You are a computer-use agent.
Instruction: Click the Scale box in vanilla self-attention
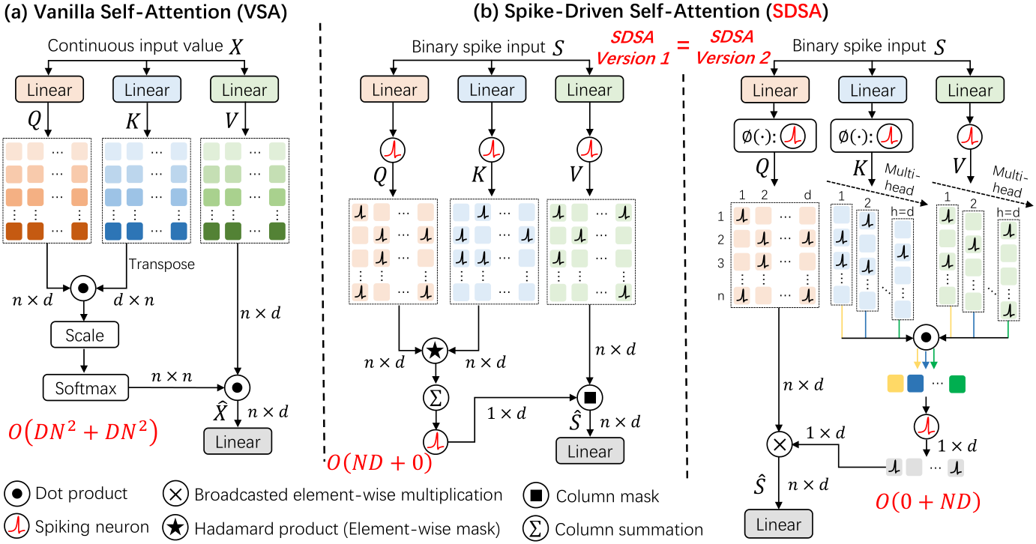pyautogui.click(x=85, y=335)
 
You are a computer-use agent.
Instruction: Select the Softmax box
pyautogui.click(x=85, y=387)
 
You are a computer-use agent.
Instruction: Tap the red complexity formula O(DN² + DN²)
pyautogui.click(x=83, y=432)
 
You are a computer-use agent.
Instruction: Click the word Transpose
pyautogui.click(x=161, y=264)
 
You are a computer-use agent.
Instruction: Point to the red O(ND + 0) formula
pyautogui.click(x=379, y=462)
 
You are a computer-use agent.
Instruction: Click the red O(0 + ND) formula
pyautogui.click(x=928, y=501)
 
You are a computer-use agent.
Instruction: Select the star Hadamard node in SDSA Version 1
pyautogui.click(x=435, y=351)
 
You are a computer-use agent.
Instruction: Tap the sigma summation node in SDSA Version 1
pyautogui.click(x=436, y=397)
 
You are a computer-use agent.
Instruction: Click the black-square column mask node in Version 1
pyautogui.click(x=590, y=397)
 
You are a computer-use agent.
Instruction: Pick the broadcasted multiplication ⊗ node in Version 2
pyautogui.click(x=780, y=444)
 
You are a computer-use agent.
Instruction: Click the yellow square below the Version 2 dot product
pyautogui.click(x=895, y=384)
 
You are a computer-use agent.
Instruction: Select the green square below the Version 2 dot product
pyautogui.click(x=957, y=384)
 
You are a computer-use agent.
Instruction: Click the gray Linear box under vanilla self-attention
pyautogui.click(x=238, y=441)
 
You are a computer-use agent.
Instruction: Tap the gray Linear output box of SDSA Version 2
pyautogui.click(x=778, y=524)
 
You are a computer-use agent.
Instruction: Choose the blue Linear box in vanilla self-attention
pyautogui.click(x=147, y=89)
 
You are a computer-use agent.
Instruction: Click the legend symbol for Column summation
pyautogui.click(x=535, y=528)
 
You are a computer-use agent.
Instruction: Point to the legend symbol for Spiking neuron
pyautogui.click(x=17, y=527)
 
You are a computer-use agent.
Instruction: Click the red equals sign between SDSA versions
pyautogui.click(x=683, y=45)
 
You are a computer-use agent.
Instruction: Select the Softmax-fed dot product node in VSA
pyautogui.click(x=238, y=387)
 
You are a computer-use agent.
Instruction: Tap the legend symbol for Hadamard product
pyautogui.click(x=175, y=528)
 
